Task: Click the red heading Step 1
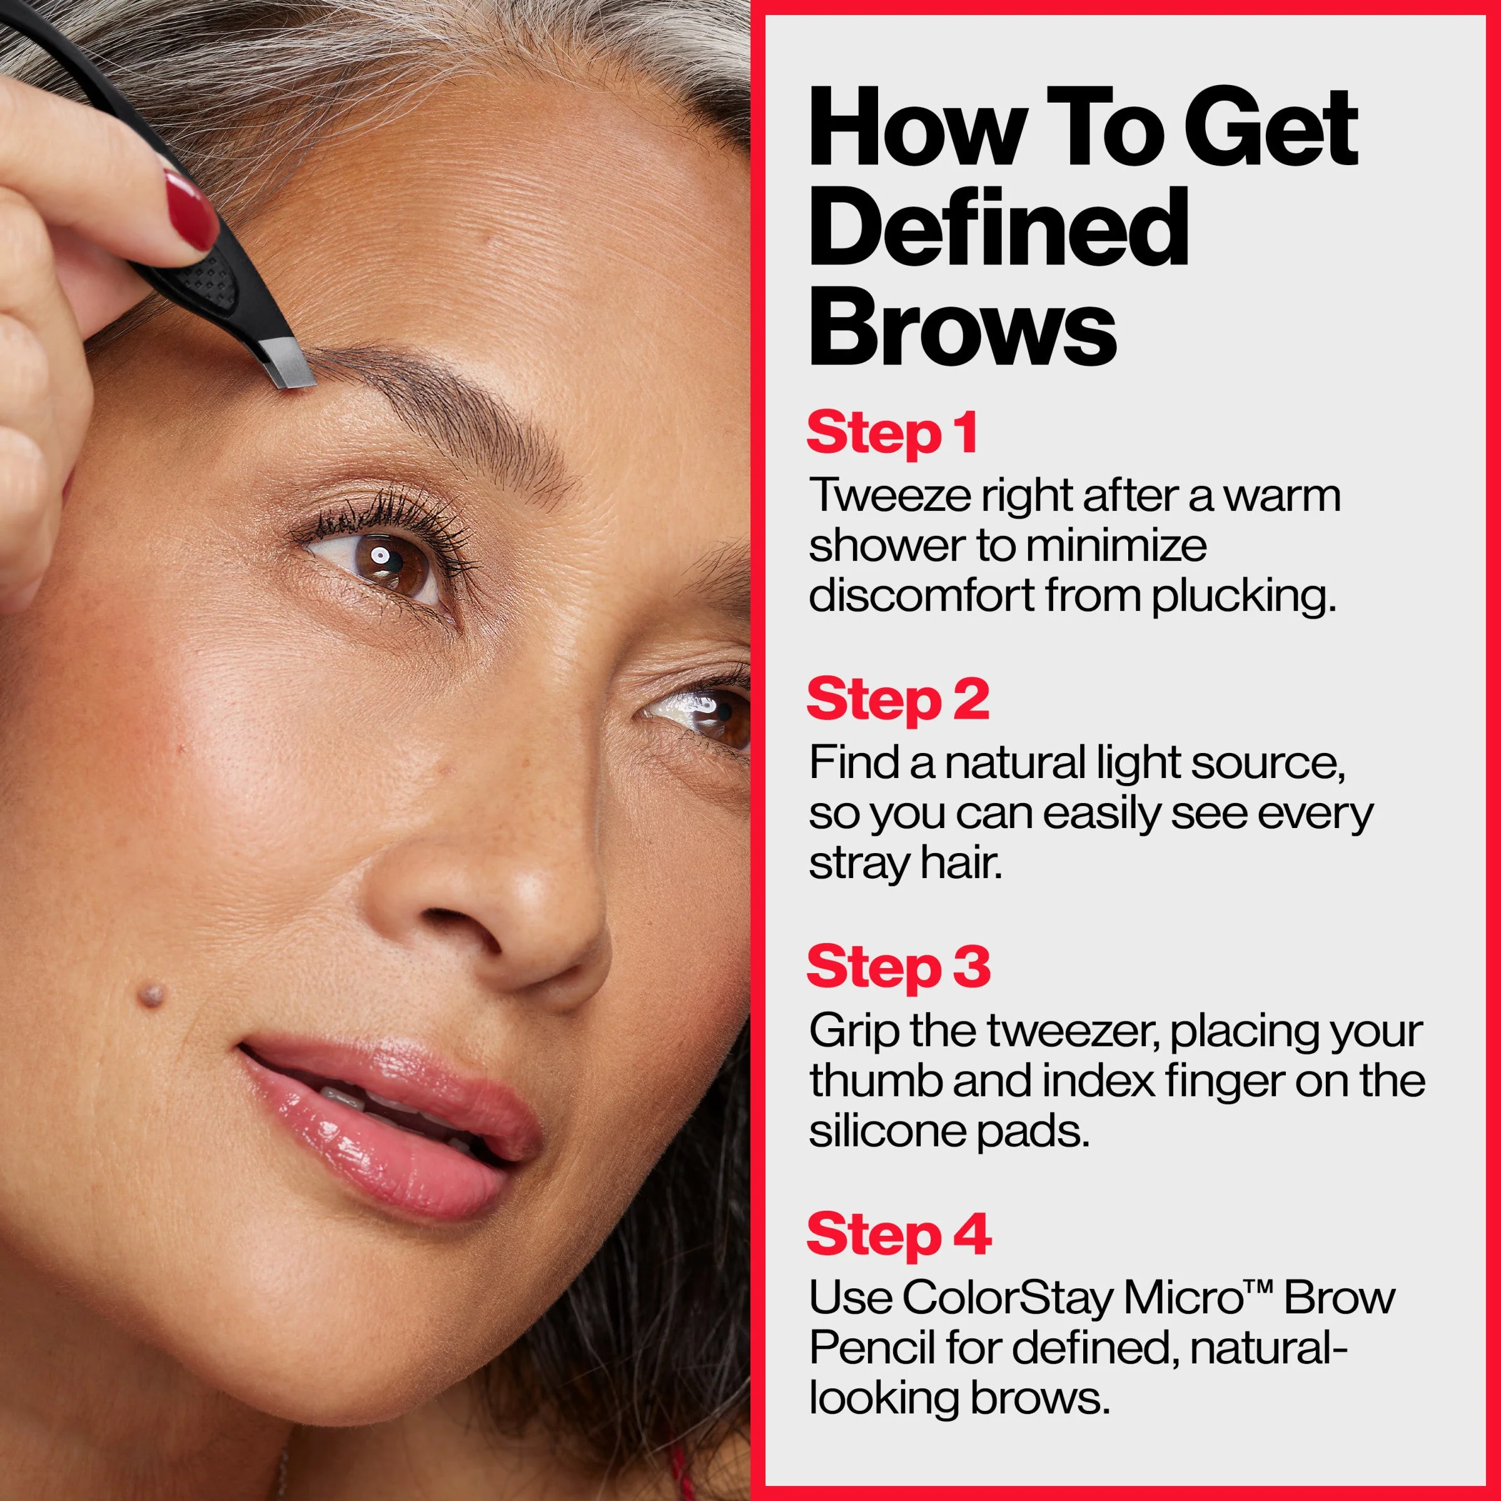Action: tap(892, 433)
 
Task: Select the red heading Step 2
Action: tap(898, 700)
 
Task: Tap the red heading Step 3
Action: tap(899, 968)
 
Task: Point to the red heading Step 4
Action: tap(899, 1235)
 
